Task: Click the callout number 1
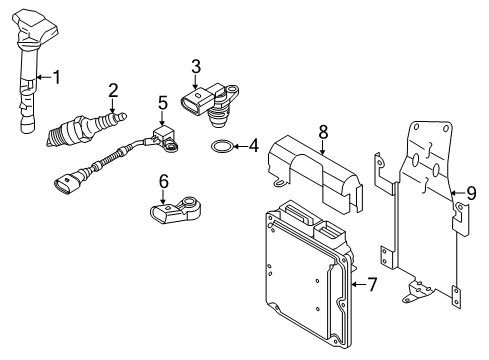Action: tap(57, 77)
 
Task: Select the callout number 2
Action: tap(113, 90)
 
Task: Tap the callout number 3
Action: tap(196, 66)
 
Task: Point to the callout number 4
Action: tap(253, 146)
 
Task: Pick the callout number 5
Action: tap(162, 103)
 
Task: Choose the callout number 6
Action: tap(163, 182)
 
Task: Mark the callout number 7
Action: tap(371, 284)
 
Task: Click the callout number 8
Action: tap(323, 132)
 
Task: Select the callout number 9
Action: tap(471, 193)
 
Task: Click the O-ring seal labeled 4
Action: tap(220, 146)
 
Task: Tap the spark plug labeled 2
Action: tap(87, 129)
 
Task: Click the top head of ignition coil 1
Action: tap(35, 27)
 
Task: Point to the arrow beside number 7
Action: tap(359, 284)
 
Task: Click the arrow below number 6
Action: tap(163, 197)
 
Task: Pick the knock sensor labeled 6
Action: tap(177, 211)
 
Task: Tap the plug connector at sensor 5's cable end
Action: tap(69, 182)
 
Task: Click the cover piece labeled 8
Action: tap(315, 173)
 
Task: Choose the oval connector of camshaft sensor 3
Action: tap(195, 102)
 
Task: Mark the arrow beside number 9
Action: tap(457, 193)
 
